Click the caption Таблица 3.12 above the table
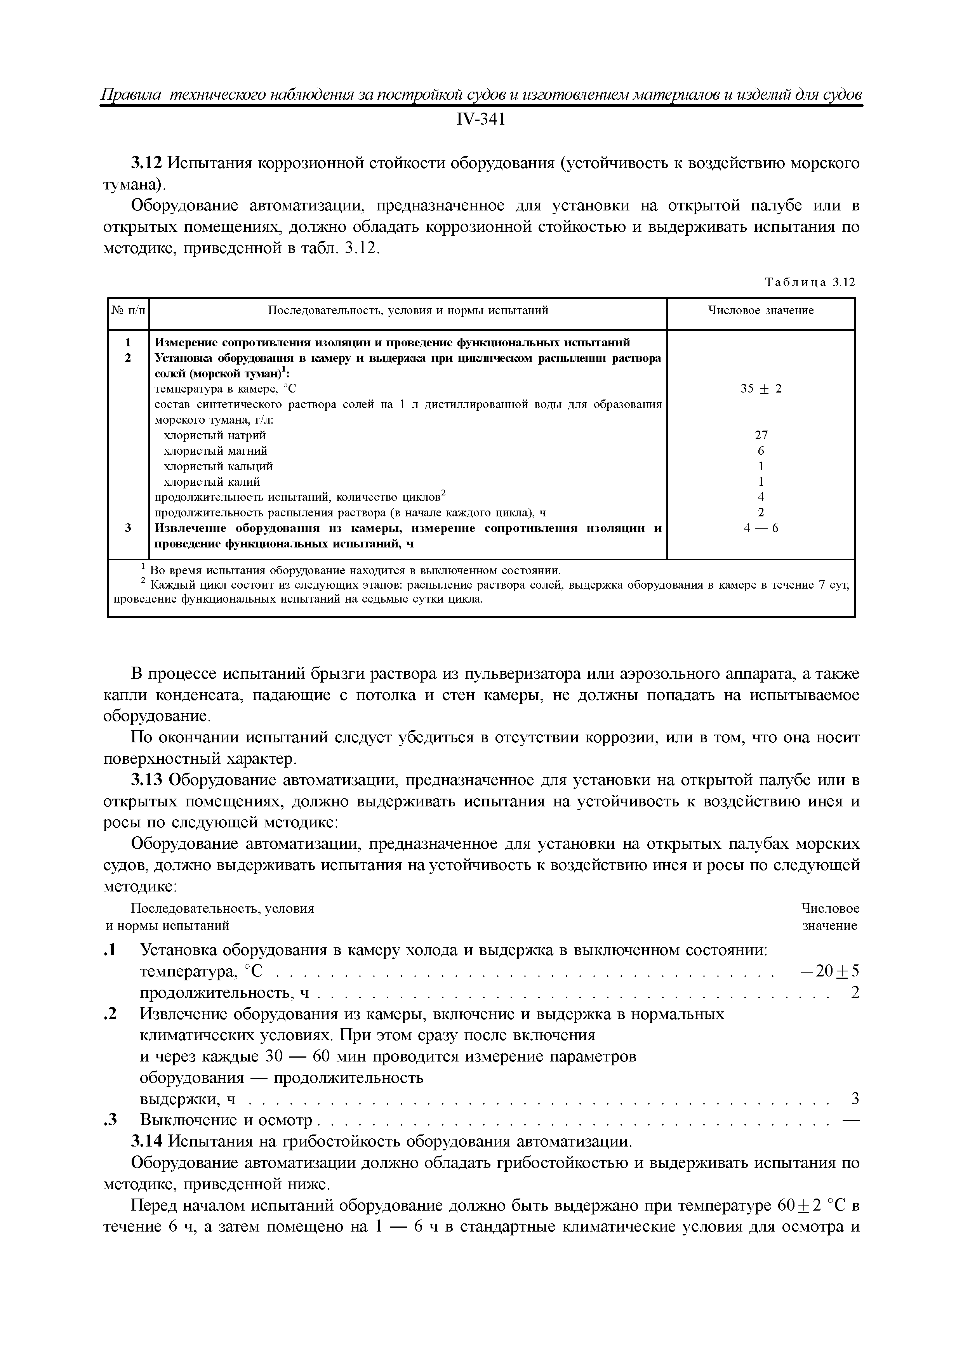810,282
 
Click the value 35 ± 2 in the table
761,389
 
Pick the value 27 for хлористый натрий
761,435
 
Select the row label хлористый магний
216,451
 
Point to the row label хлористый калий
212,482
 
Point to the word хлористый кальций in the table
218,466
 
